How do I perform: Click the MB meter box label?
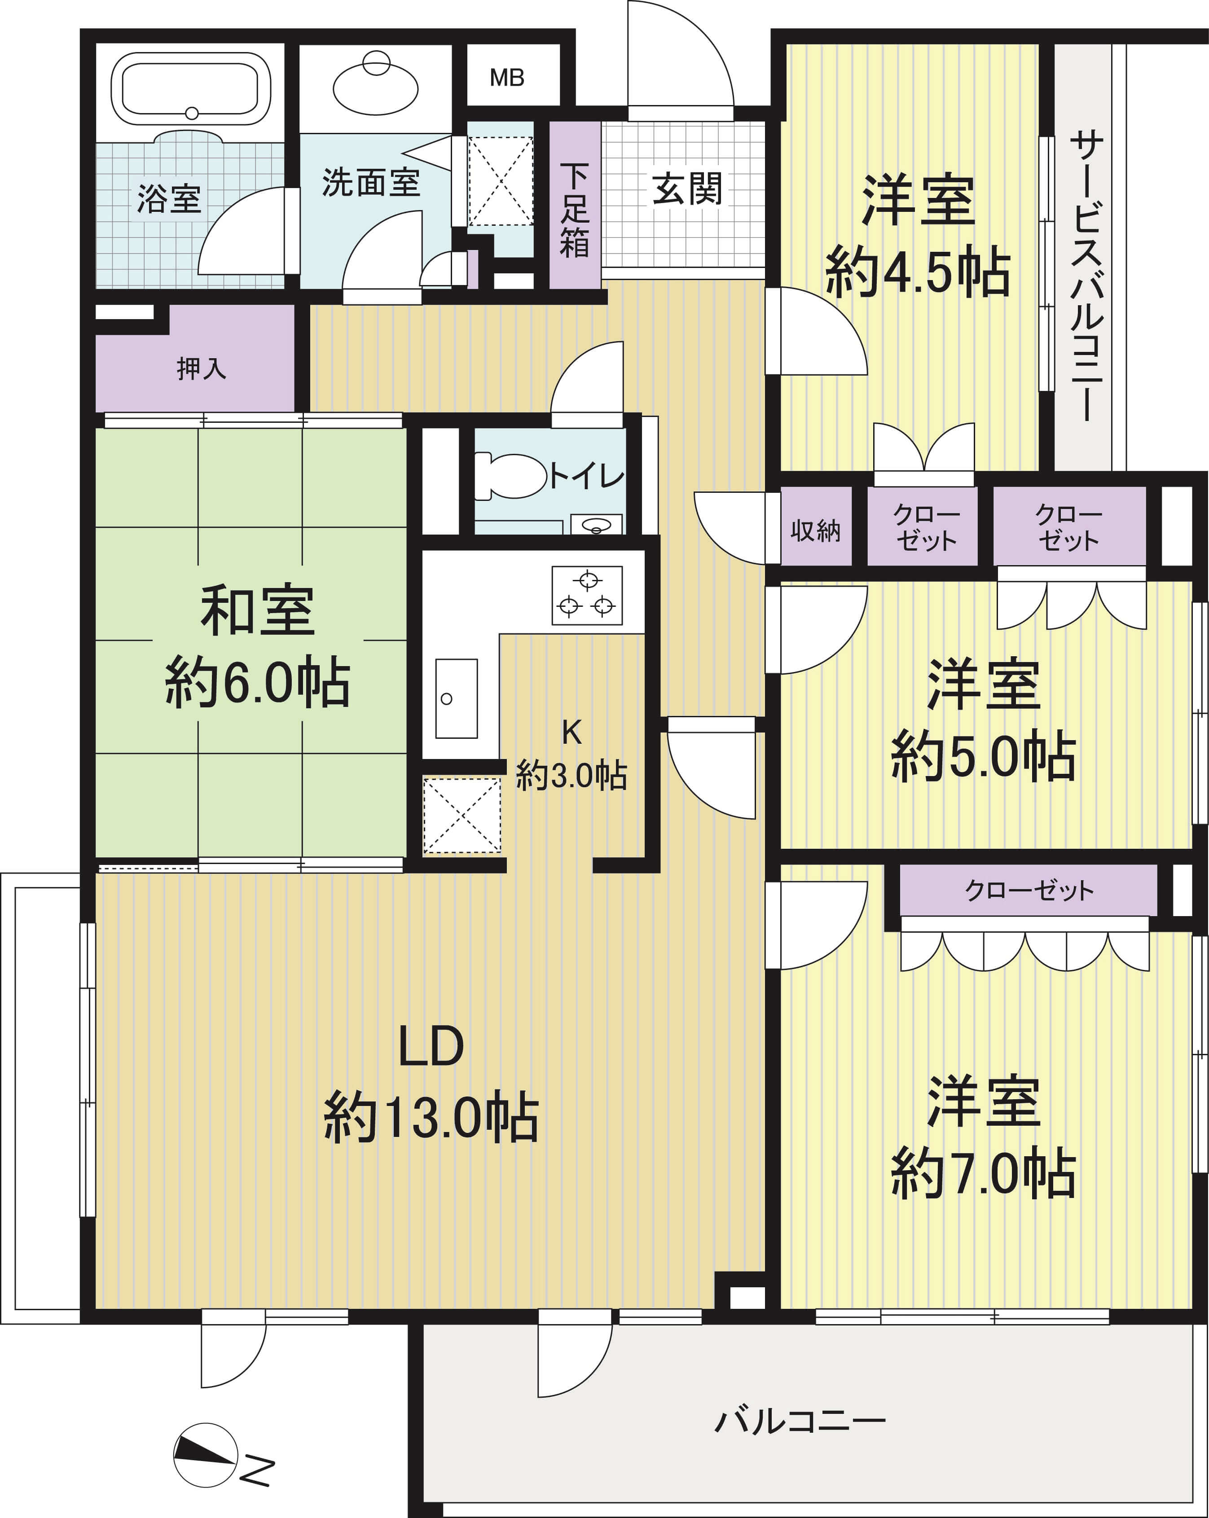tap(507, 78)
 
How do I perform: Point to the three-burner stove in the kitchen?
tap(587, 596)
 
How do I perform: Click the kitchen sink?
tap(456, 698)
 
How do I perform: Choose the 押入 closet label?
tap(202, 368)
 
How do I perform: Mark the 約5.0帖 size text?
tap(983, 757)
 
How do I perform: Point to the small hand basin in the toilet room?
tap(596, 525)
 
